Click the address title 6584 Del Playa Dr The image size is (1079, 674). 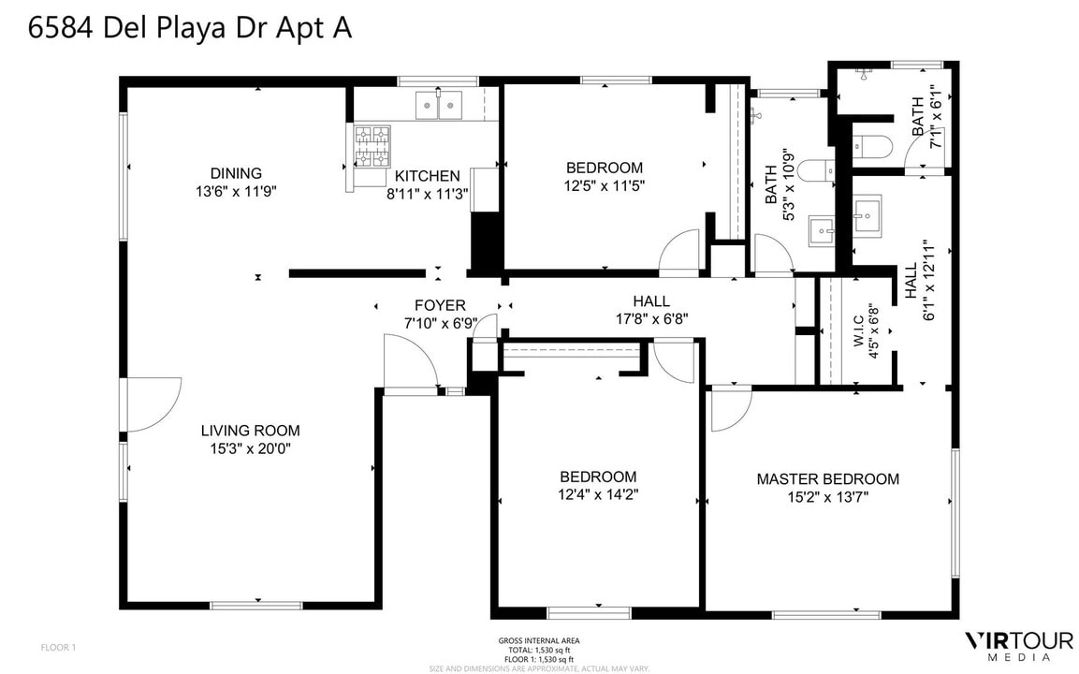(190, 28)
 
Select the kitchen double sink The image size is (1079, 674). (440, 105)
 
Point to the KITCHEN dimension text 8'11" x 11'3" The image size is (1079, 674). (427, 194)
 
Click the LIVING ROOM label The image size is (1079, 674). (250, 431)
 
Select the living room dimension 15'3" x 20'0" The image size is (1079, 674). (250, 448)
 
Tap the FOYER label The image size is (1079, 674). (440, 305)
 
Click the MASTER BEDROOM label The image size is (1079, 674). (827, 479)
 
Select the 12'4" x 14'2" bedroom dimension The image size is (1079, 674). (598, 493)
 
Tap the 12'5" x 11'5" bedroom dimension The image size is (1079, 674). (605, 185)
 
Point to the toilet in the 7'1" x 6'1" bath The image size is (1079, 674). (870, 147)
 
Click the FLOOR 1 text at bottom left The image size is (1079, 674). (58, 647)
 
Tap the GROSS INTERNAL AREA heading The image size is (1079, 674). (538, 641)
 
